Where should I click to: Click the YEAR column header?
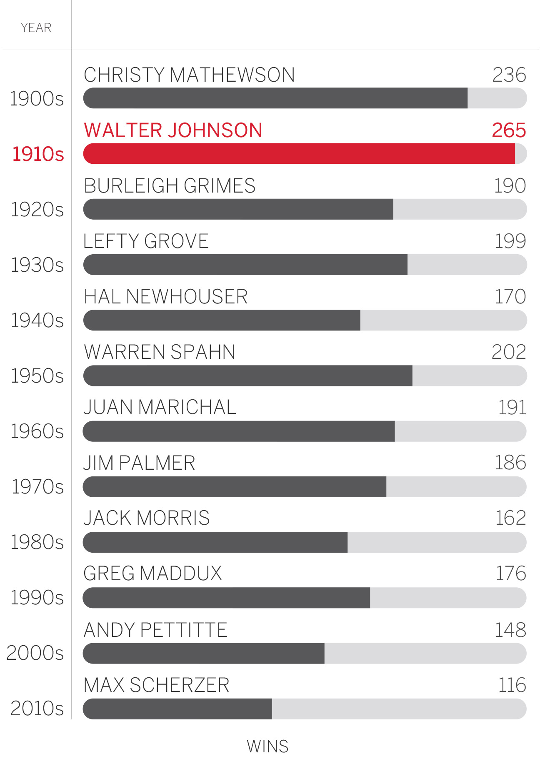(x=36, y=28)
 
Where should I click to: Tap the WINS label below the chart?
(x=267, y=746)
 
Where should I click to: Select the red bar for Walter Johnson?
(x=299, y=153)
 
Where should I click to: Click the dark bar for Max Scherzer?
(x=177, y=709)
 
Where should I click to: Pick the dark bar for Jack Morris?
(x=215, y=542)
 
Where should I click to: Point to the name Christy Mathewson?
(x=189, y=75)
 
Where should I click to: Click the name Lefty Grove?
(x=146, y=241)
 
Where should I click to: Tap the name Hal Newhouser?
(x=166, y=296)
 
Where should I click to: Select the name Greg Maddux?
(x=152, y=573)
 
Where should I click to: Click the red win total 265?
(x=509, y=130)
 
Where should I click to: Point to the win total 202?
(x=509, y=352)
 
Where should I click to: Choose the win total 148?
(x=510, y=629)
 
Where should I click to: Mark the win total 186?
(x=510, y=462)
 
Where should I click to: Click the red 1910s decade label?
(x=38, y=154)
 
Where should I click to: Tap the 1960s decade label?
(x=37, y=431)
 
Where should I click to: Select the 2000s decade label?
(x=35, y=653)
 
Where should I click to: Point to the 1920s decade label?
(x=37, y=209)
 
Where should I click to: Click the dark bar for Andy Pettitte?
(x=204, y=653)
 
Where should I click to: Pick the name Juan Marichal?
(x=160, y=407)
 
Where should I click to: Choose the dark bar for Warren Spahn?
(x=248, y=376)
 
